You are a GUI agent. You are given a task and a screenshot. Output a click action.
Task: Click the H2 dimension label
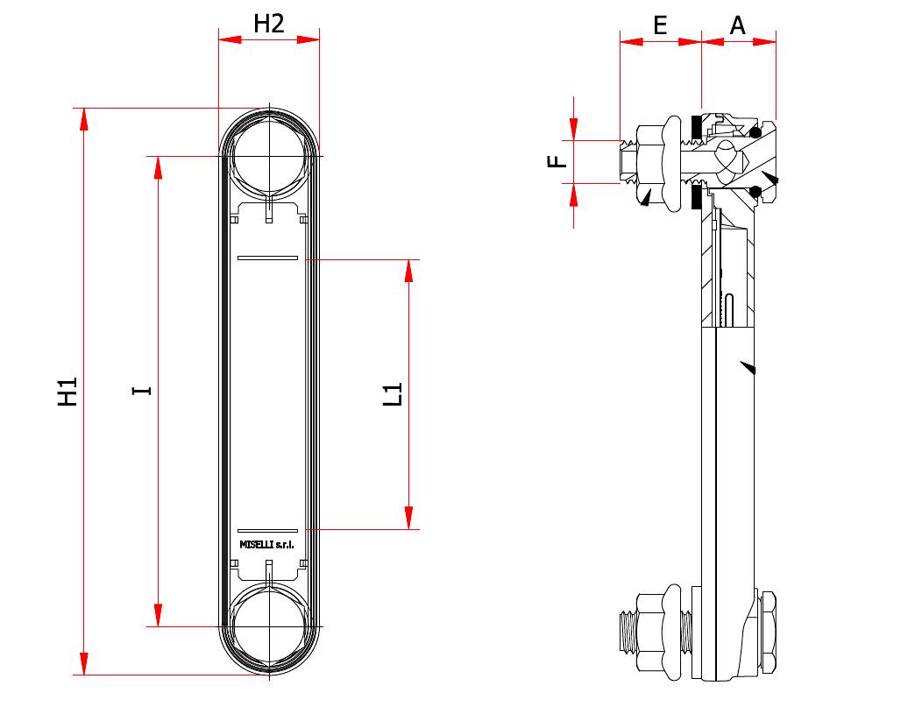coord(269,24)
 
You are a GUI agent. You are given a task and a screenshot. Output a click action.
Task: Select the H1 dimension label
coord(68,392)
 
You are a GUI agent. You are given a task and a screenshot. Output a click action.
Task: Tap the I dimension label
coord(142,390)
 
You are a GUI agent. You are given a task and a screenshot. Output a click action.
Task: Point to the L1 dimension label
coord(394,394)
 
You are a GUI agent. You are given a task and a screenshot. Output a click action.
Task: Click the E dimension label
coord(660,25)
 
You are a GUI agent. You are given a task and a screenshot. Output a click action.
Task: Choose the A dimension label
coord(738,25)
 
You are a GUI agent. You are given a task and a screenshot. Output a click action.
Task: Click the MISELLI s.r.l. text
coord(267,545)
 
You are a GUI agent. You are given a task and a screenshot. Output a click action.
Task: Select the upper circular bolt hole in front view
coord(269,157)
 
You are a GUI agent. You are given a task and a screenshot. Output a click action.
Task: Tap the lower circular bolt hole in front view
coord(269,626)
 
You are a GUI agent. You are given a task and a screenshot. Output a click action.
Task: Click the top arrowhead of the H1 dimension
coord(84,119)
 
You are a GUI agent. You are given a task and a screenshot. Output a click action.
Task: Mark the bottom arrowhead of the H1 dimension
coord(84,663)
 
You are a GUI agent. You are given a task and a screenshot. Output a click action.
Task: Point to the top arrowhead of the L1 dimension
coord(408,271)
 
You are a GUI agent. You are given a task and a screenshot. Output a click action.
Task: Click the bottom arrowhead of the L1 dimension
coord(408,518)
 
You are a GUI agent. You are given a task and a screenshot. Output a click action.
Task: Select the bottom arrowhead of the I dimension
coord(158,615)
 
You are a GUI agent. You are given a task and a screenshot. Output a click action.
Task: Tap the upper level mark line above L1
coord(268,258)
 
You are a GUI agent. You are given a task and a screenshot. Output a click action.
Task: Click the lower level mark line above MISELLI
coord(268,531)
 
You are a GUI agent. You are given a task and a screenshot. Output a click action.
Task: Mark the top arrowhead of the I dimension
coord(158,168)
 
